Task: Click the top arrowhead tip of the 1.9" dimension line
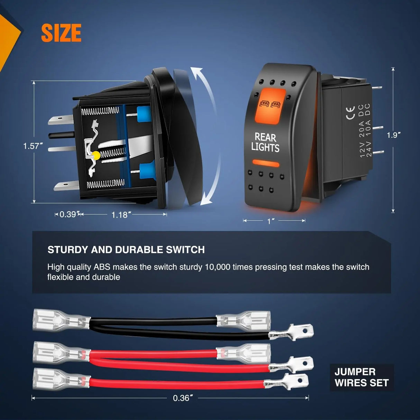click(x=393, y=67)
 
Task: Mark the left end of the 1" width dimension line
click(x=243, y=221)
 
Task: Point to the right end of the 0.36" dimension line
click(x=309, y=398)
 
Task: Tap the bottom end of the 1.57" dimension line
click(x=34, y=203)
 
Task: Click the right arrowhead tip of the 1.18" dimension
click(x=167, y=214)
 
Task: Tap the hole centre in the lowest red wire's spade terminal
click(x=300, y=380)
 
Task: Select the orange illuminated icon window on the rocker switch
click(x=270, y=106)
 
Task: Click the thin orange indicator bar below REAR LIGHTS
click(x=266, y=163)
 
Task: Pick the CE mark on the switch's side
click(x=350, y=113)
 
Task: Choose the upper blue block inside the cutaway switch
click(x=144, y=114)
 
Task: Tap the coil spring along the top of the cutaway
click(x=100, y=111)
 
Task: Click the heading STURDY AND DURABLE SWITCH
click(x=126, y=250)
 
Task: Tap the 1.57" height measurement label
click(x=33, y=146)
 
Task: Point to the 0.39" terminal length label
click(x=68, y=214)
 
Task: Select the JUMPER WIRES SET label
click(x=362, y=377)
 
